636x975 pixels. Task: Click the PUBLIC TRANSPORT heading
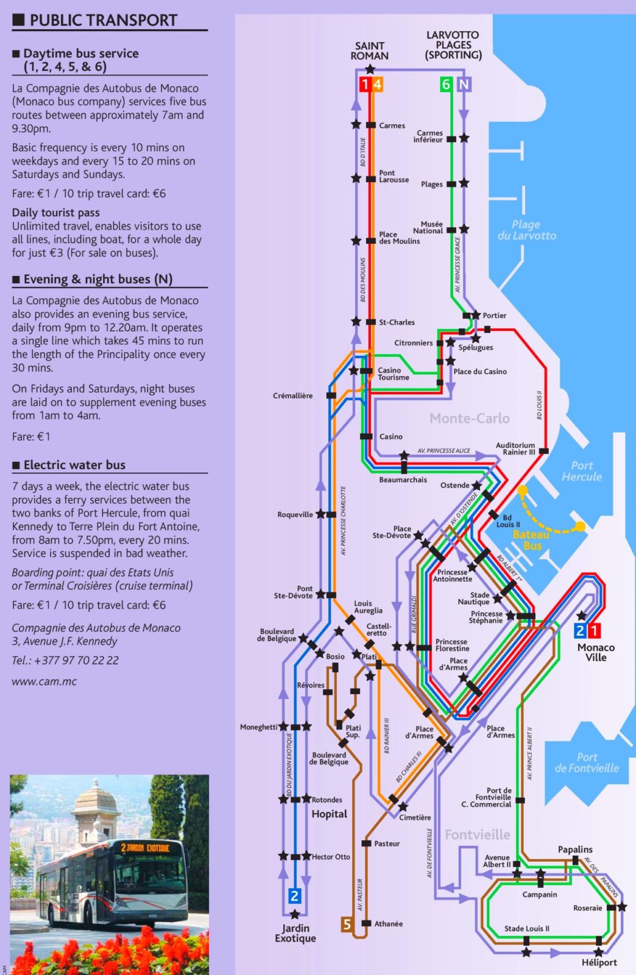tap(103, 20)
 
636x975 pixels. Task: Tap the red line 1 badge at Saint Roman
tap(364, 84)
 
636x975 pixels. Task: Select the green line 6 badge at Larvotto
tap(446, 84)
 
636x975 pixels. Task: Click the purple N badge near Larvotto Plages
tap(464, 84)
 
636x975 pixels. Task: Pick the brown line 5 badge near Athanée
tap(347, 924)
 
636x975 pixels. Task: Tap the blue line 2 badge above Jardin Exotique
tap(294, 896)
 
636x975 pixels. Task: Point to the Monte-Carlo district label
tap(469, 418)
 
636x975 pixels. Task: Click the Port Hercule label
tap(582, 471)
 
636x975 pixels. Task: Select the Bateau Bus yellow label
tap(531, 540)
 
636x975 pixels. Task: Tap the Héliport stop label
tap(599, 962)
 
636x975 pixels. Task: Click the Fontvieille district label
tap(477, 834)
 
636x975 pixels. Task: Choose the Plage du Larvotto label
tap(526, 230)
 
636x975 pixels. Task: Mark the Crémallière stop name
tap(292, 395)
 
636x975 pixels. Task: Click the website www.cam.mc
tap(44, 681)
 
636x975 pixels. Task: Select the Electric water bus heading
tap(74, 465)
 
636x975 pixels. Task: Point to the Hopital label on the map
tap(329, 814)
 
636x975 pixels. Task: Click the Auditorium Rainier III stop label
tap(515, 448)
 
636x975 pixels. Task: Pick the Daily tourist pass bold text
tap(55, 213)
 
